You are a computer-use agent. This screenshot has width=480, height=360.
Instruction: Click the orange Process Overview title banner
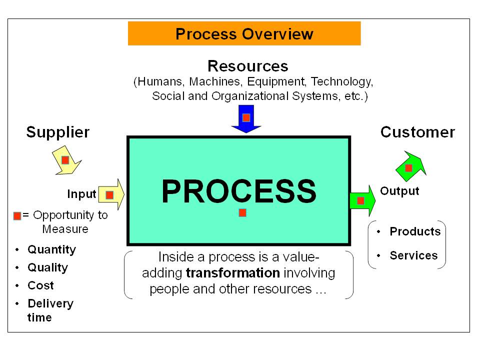(244, 34)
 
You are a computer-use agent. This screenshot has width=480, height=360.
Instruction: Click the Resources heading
(247, 66)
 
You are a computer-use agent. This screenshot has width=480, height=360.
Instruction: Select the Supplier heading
(57, 132)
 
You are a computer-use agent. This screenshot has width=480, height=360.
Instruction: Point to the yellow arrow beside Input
(111, 194)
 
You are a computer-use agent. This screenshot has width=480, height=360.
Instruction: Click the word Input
(81, 194)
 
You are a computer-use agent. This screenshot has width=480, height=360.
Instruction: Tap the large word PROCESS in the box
(238, 191)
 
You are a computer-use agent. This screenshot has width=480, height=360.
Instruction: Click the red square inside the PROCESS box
(242, 212)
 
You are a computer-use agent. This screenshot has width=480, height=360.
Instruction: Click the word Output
(399, 191)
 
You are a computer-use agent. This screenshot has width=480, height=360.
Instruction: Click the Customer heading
(417, 132)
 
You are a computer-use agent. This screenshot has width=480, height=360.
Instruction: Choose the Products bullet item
(414, 231)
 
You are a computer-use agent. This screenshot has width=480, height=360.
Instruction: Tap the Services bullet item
(413, 255)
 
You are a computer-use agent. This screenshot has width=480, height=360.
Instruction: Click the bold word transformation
(232, 273)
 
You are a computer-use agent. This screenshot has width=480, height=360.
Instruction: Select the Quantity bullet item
(51, 249)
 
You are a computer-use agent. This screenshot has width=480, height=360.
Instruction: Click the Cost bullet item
(40, 285)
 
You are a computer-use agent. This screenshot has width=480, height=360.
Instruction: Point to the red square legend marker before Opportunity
(17, 216)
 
